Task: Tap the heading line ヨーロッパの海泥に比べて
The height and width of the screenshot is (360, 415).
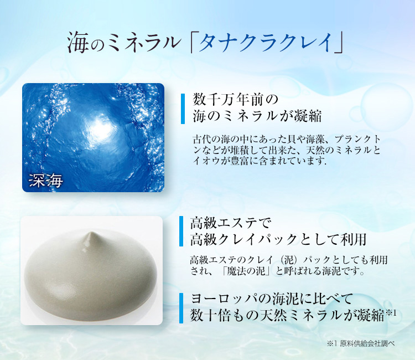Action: coord(271,299)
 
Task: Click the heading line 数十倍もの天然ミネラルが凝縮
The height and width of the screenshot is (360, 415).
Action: coord(287,316)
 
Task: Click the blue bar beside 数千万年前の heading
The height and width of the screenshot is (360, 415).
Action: coord(182,109)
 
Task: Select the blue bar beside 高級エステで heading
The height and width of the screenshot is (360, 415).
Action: coord(182,232)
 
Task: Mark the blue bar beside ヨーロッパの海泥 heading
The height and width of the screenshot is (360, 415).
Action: coord(182,307)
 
